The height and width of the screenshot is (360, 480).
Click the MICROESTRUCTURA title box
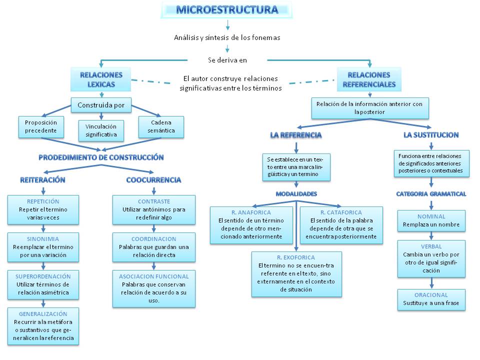[226, 10]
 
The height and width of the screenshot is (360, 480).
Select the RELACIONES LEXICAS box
[101, 79]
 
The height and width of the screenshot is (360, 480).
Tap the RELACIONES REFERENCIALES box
[369, 79]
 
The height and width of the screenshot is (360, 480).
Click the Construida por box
[101, 105]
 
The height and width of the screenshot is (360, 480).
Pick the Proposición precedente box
[41, 127]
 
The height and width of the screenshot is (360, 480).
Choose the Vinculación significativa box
[101, 130]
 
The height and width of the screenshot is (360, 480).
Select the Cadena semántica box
[161, 127]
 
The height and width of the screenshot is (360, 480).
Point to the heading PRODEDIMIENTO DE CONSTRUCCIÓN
[101, 157]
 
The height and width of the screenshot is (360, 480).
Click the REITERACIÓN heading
[42, 179]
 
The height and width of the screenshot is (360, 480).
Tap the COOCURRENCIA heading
[153, 179]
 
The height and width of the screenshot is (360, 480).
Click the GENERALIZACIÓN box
[43, 326]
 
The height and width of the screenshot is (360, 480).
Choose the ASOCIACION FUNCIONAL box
[153, 288]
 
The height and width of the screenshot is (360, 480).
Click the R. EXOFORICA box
[296, 274]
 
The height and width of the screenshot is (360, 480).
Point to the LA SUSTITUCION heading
[431, 135]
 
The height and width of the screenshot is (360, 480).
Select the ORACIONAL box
[431, 299]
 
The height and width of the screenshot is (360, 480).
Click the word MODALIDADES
[296, 193]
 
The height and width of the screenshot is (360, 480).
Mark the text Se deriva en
[227, 60]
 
